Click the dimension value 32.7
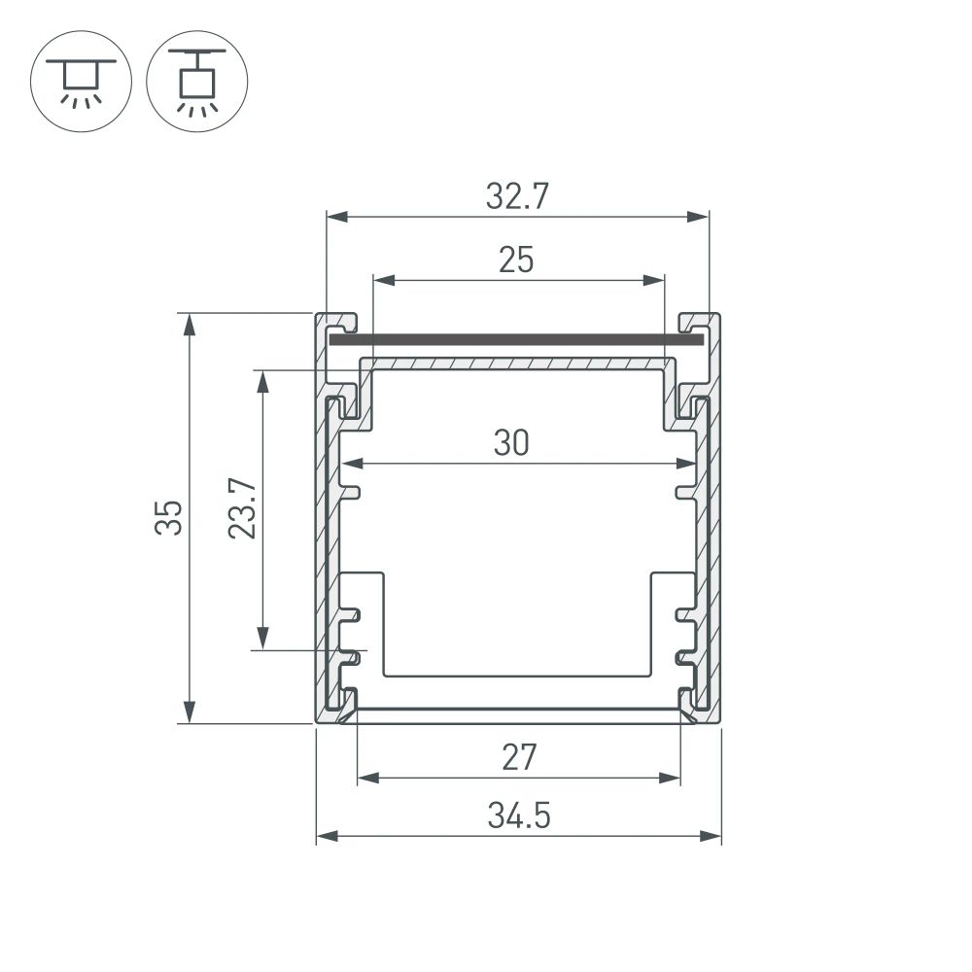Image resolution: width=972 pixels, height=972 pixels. [x=517, y=197]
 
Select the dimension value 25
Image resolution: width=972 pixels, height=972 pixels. [x=516, y=260]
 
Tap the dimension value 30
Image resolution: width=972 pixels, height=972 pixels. [x=511, y=443]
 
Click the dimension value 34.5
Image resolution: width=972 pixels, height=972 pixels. [x=519, y=816]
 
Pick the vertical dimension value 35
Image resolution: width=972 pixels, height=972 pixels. [x=170, y=518]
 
